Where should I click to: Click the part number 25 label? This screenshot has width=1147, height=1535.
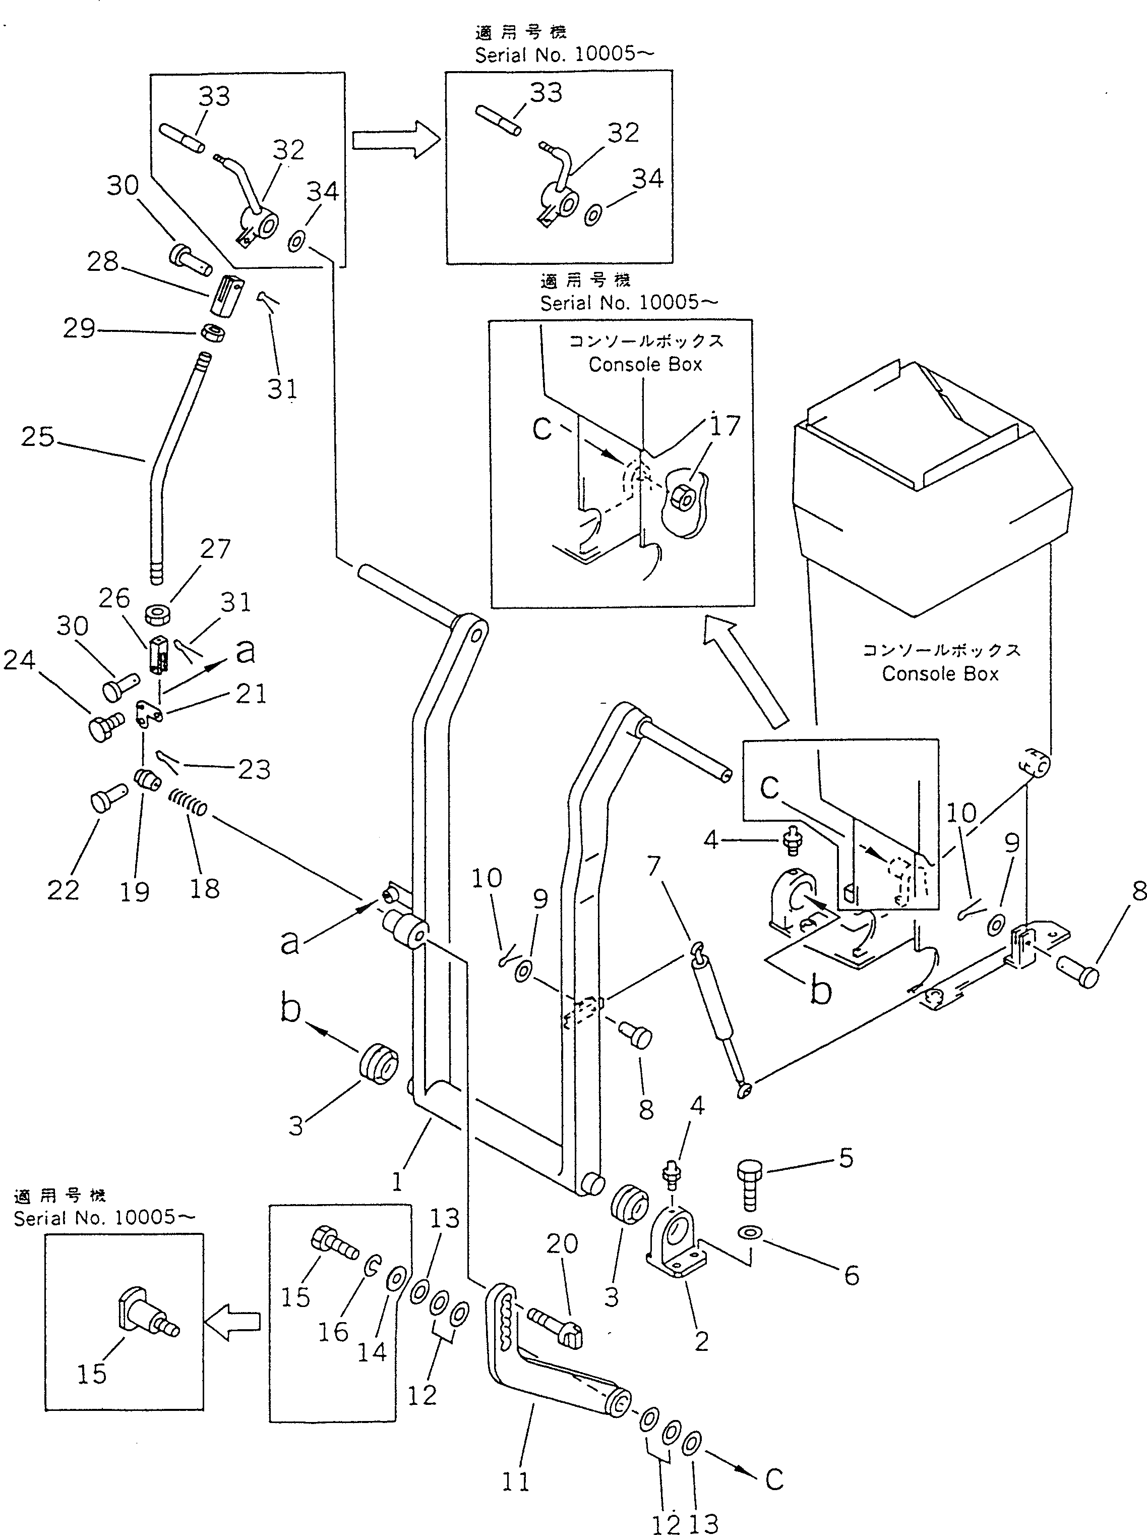point(37,436)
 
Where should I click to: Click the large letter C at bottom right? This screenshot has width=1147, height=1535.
point(774,1479)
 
